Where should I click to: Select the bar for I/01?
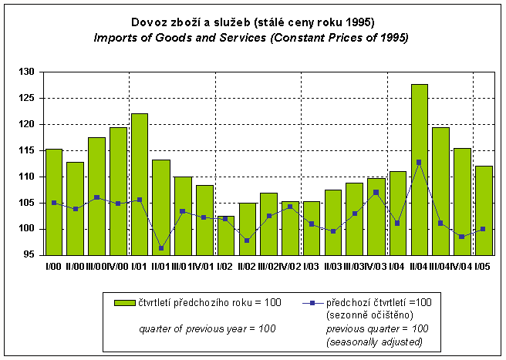tap(140, 184)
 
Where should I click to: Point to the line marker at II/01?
tap(161, 248)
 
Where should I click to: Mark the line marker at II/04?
tap(419, 162)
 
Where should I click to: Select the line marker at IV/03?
tap(376, 192)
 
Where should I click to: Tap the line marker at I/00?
tap(54, 203)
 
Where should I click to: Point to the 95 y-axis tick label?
tap(30, 255)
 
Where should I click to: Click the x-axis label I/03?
tap(311, 266)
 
